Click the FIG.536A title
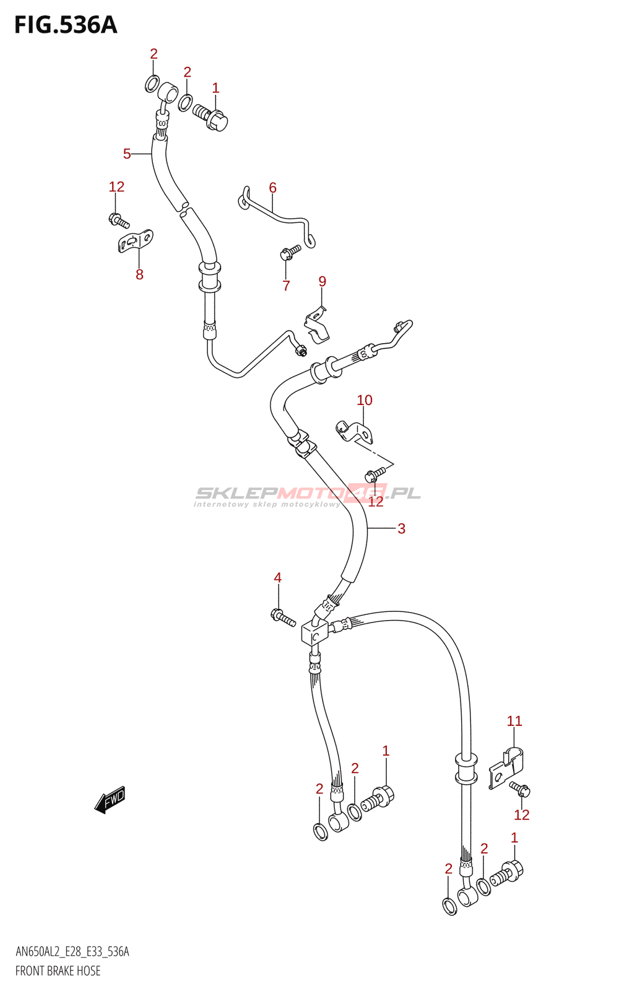[66, 25]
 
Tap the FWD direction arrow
[110, 800]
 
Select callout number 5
[127, 154]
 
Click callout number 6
[273, 188]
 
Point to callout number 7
[286, 286]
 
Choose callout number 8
[139, 275]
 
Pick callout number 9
[322, 281]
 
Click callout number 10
[365, 400]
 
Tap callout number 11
[514, 721]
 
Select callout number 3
[401, 528]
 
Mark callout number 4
[278, 577]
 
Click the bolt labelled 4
[282, 617]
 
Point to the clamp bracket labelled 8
[136, 241]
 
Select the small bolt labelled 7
[290, 252]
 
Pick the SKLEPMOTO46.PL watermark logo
[307, 495]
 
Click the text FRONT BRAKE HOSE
[58, 971]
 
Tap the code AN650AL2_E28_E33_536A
[72, 951]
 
